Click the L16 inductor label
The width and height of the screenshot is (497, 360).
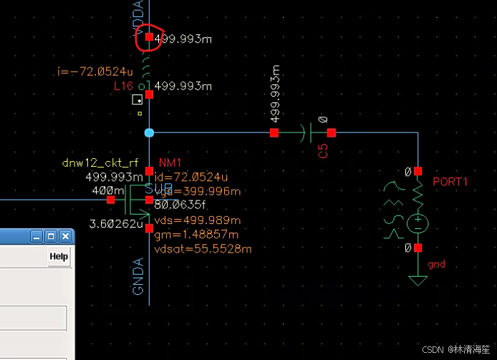pyautogui.click(x=124, y=86)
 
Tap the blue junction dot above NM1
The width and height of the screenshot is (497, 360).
pyautogui.click(x=149, y=132)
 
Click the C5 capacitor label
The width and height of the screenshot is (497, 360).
pyautogui.click(x=323, y=150)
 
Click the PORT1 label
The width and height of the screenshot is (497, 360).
pyautogui.click(x=450, y=182)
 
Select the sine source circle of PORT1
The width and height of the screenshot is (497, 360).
pyautogui.click(x=418, y=224)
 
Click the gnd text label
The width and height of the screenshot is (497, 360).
pyautogui.click(x=436, y=265)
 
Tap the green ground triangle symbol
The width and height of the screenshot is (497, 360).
pyautogui.click(x=418, y=278)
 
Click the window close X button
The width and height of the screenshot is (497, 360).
pyautogui.click(x=65, y=235)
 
